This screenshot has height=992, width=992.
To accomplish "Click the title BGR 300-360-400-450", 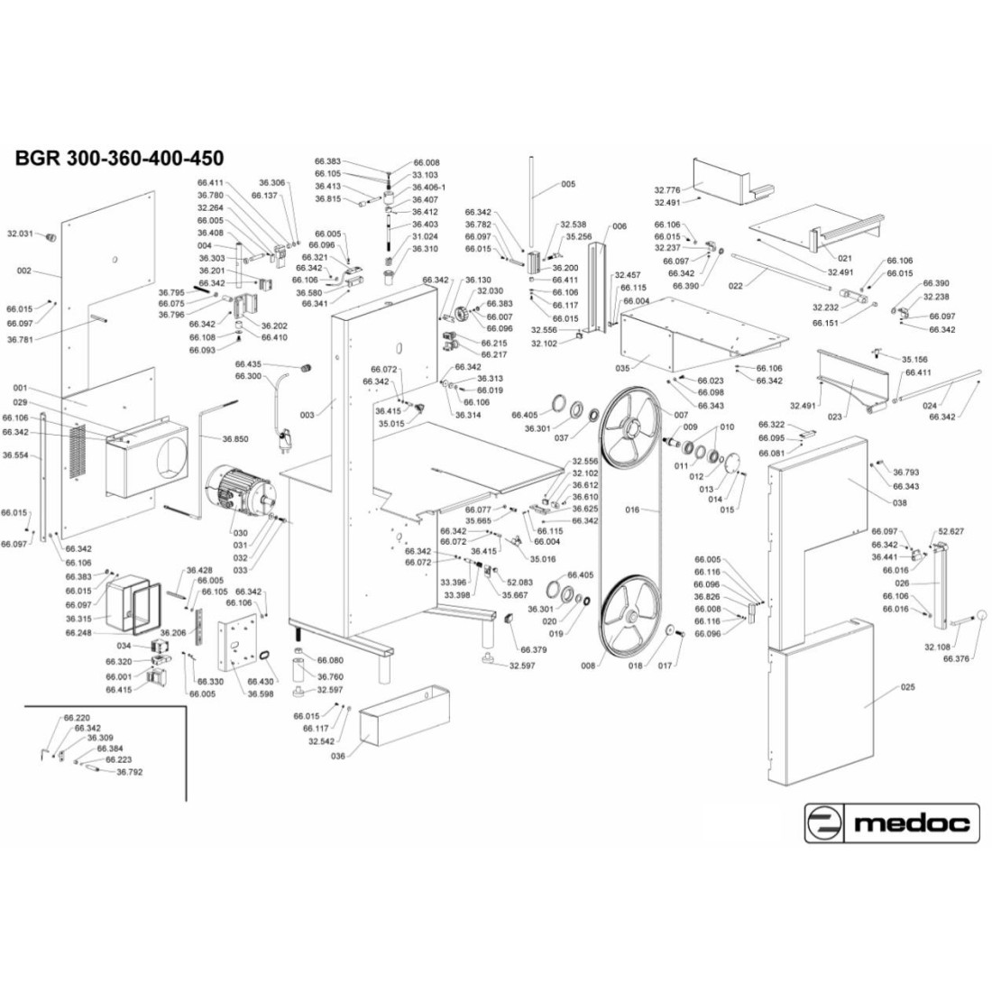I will tap(119, 159).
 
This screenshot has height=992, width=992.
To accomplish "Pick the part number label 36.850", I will tap(237, 439).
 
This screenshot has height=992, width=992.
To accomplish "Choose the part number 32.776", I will tap(666, 190).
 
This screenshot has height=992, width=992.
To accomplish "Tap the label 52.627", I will tap(951, 531).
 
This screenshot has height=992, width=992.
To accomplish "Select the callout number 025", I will tap(908, 687).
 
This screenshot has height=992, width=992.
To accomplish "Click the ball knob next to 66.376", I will tap(982, 615).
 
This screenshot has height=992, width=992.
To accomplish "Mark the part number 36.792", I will tap(129, 772).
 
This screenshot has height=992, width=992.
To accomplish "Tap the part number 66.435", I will tap(248, 363).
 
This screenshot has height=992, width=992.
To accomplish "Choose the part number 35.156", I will tap(914, 358).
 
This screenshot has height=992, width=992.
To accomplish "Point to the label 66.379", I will tap(534, 648).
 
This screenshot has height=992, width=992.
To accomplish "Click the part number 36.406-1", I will tap(428, 188).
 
